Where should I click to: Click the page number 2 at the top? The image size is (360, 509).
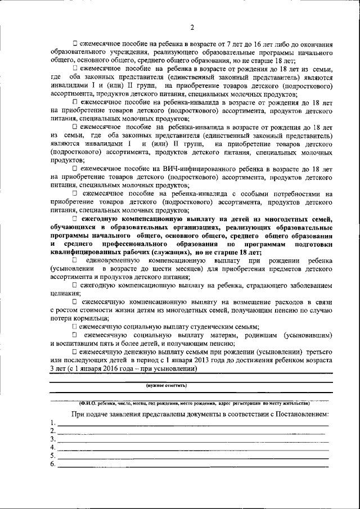[x=192, y=28]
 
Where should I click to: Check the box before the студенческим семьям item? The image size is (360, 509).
[x=75, y=327]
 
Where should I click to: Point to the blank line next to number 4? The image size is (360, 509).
[x=191, y=449]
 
